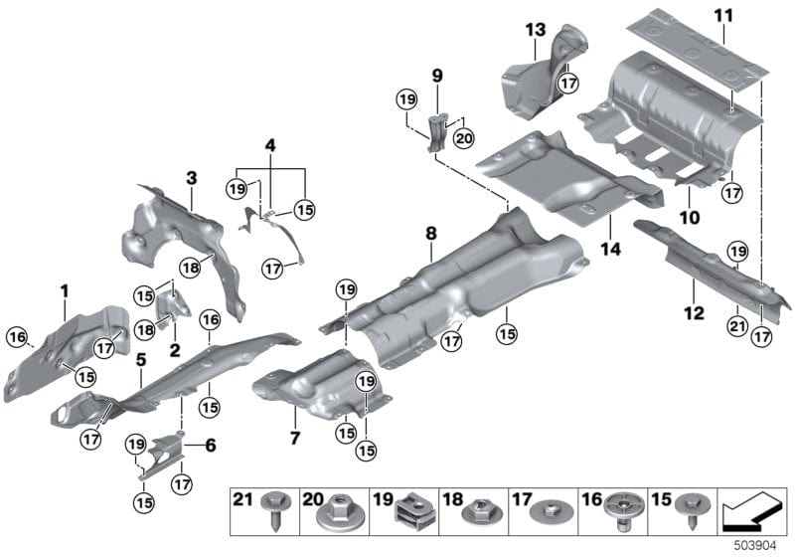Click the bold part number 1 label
point(64,290)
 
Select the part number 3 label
point(191,178)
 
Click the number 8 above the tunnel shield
point(430,233)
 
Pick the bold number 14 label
point(610,249)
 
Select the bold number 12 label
point(694,313)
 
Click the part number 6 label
point(210,446)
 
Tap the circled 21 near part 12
point(736,324)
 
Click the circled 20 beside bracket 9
point(463,138)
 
